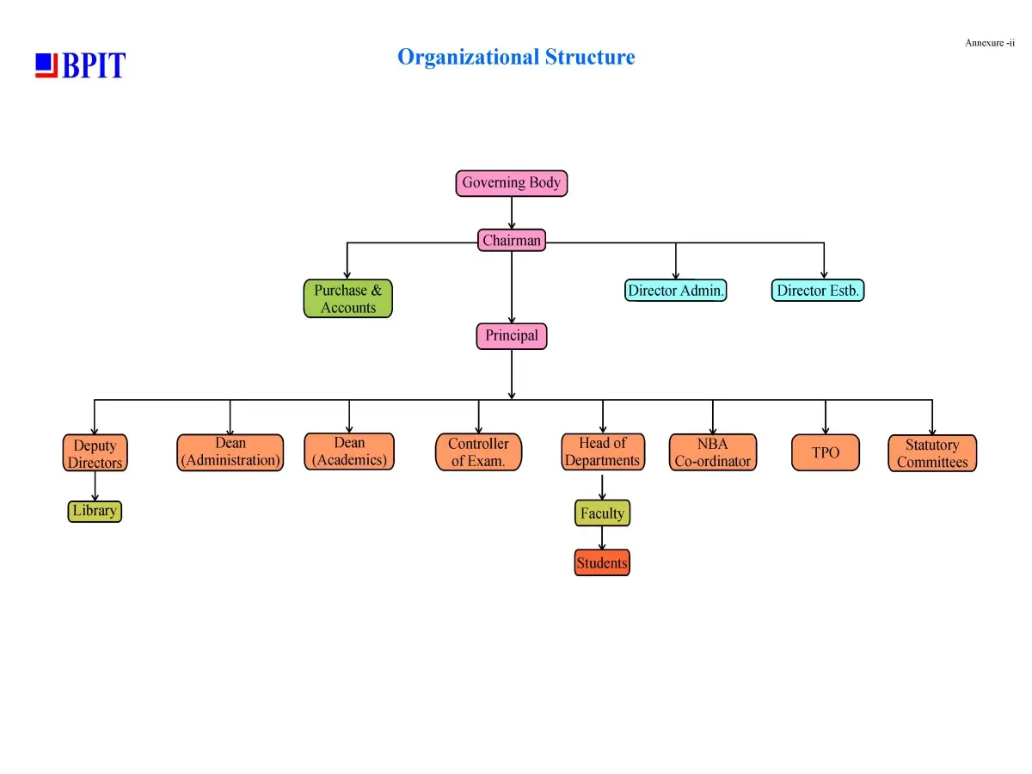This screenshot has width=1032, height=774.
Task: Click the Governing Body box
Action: click(511, 183)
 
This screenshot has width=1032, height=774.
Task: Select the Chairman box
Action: click(512, 240)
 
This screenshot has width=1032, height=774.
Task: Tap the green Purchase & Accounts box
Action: click(347, 298)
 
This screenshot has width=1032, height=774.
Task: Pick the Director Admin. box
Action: click(675, 290)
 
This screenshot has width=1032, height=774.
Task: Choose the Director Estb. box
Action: click(817, 290)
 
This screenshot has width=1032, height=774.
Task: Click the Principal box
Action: click(511, 336)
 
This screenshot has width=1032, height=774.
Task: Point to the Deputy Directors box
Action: click(95, 452)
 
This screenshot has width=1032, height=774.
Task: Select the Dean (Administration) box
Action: click(230, 452)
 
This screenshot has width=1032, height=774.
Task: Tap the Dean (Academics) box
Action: click(349, 451)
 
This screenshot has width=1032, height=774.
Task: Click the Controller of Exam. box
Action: click(478, 451)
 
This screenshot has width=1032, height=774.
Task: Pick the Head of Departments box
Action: click(602, 451)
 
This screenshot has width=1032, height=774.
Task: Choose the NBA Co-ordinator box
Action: click(712, 452)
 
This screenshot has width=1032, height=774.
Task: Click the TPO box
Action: click(825, 452)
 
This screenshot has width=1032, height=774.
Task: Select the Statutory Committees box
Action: click(932, 453)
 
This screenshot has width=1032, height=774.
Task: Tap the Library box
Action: click(95, 511)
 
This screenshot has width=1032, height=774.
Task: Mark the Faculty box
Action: click(602, 513)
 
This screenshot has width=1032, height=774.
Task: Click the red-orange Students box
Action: click(602, 562)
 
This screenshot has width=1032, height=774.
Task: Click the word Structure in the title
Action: click(590, 57)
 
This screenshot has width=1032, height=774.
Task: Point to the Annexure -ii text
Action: click(989, 43)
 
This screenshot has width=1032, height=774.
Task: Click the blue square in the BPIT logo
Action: click(44, 62)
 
